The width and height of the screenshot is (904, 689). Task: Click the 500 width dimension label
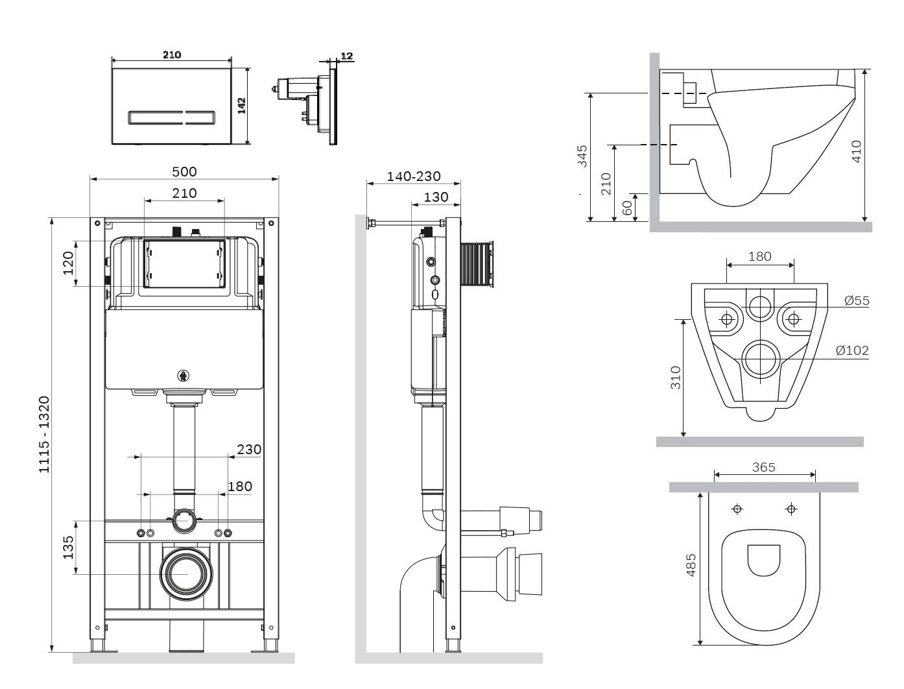(x=184, y=171)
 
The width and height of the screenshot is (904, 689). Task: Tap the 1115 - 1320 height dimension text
(x=44, y=434)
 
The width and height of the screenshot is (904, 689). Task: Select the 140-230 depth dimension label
(x=414, y=176)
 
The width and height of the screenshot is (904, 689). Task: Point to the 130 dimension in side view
(x=436, y=197)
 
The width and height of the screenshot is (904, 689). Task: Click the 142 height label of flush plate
(x=242, y=106)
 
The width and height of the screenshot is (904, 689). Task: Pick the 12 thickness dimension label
(x=346, y=56)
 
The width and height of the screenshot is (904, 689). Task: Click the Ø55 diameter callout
(x=857, y=300)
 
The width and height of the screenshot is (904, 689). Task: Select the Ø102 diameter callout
(x=852, y=350)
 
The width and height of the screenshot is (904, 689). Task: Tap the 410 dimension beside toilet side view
(x=856, y=151)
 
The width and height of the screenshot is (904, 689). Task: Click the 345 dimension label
(x=582, y=156)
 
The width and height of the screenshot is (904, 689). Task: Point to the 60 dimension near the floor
(x=627, y=208)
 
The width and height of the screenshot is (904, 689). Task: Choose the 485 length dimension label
(x=691, y=564)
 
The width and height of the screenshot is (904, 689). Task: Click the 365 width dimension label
(x=763, y=467)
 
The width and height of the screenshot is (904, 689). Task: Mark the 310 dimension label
(x=675, y=377)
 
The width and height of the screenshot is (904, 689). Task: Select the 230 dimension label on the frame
(x=249, y=449)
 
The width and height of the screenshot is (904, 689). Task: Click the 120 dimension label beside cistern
(x=68, y=263)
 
